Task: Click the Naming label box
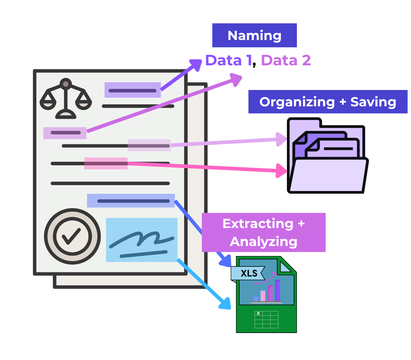(254, 35)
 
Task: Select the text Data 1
(228, 60)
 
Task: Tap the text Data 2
(286, 60)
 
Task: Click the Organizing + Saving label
(328, 102)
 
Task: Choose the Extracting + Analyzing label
(264, 232)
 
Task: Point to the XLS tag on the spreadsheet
(248, 273)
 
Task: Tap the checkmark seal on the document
(72, 236)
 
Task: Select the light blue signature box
(141, 240)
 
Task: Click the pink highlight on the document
(106, 163)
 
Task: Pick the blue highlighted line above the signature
(131, 201)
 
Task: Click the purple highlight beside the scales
(132, 90)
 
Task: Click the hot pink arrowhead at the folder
(282, 171)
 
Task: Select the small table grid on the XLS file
(266, 320)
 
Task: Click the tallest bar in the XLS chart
(278, 290)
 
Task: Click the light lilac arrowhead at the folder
(282, 139)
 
